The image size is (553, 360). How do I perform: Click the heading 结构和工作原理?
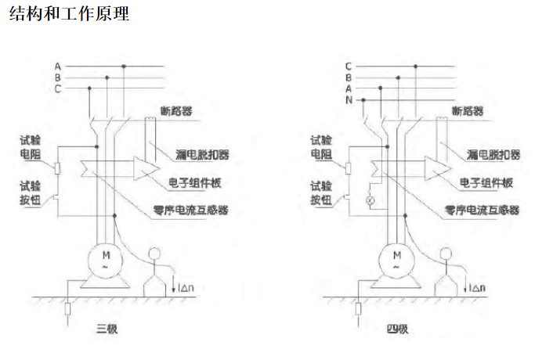click(x=69, y=13)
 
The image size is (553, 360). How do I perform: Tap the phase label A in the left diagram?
click(x=58, y=67)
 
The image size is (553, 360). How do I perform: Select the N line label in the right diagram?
click(x=349, y=100)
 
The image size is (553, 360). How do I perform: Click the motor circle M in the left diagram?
click(x=106, y=261)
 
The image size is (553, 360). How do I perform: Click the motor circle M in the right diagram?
click(x=396, y=261)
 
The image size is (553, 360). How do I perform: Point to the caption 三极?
click(x=107, y=329)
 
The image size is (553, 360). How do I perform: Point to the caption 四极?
click(x=397, y=329)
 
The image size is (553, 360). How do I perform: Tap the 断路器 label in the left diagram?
click(x=176, y=111)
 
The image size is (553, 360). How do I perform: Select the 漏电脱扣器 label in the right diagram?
click(x=493, y=154)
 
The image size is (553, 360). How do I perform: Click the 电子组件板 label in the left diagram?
click(x=195, y=182)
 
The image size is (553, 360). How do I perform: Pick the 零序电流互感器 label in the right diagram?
click(x=482, y=211)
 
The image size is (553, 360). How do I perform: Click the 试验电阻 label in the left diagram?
click(x=31, y=147)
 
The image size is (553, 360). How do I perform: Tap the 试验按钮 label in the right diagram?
click(x=321, y=193)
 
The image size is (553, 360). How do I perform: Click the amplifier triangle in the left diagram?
click(x=146, y=169)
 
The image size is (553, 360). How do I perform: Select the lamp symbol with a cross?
click(x=370, y=201)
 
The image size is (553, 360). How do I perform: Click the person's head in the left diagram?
click(x=154, y=254)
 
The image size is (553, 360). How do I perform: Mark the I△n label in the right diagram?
click(x=477, y=288)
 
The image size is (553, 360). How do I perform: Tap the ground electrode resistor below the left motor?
click(x=67, y=309)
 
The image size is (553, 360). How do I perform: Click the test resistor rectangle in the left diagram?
click(x=58, y=168)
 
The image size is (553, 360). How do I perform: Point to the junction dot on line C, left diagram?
click(x=89, y=88)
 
